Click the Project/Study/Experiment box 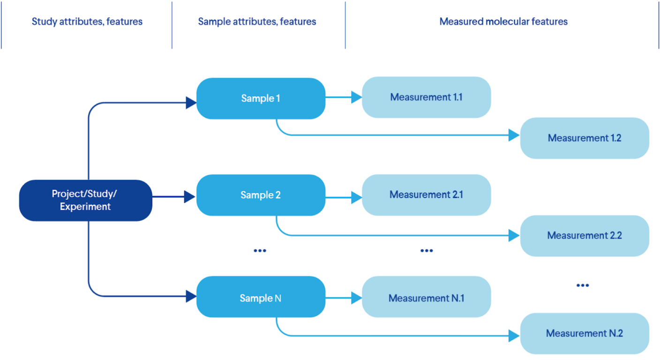click(x=85, y=200)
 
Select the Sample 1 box click(x=261, y=98)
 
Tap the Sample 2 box click(x=261, y=195)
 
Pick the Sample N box click(x=261, y=298)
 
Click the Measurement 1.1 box click(x=426, y=97)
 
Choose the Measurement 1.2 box click(x=585, y=138)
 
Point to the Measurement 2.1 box click(x=426, y=195)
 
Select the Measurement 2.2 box click(x=585, y=235)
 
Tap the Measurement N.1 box click(x=426, y=298)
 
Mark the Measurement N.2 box click(x=585, y=333)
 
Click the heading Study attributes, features click(x=87, y=22)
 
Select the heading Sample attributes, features click(x=257, y=22)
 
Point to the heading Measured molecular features click(x=503, y=22)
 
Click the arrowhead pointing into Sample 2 click(x=190, y=197)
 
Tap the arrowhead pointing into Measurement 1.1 click(x=356, y=97)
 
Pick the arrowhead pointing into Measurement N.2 click(x=514, y=336)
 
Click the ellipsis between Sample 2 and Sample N click(x=260, y=251)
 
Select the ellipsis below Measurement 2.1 click(x=427, y=251)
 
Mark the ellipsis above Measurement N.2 click(x=582, y=285)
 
